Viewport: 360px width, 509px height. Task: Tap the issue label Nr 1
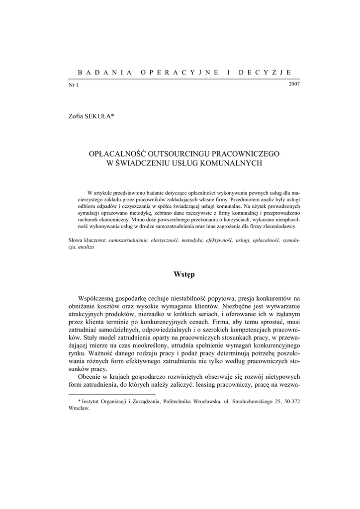73,85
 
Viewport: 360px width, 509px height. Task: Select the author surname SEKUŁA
99,116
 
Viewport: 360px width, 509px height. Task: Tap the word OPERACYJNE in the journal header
180,72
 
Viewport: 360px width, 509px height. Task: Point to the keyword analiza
86,247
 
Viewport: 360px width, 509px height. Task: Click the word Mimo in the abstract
132,219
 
